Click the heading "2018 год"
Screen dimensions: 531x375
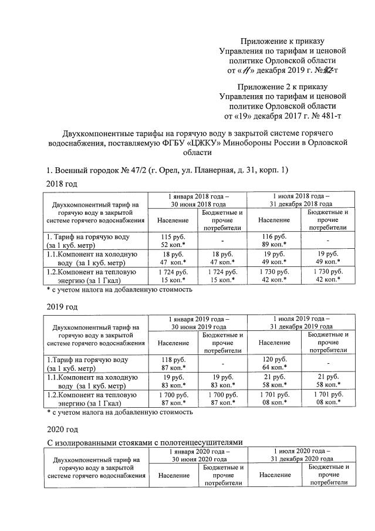(x=62, y=184)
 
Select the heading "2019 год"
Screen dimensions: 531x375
(x=62, y=306)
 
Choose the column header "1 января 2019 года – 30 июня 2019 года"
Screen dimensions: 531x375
(x=198, y=322)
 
